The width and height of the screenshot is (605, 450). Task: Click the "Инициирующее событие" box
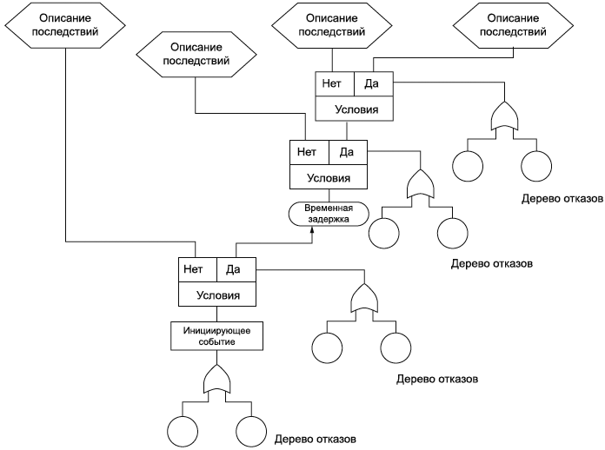coord(216,336)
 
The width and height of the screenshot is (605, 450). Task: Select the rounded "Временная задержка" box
coord(329,214)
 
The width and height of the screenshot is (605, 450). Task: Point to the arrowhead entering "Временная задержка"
coord(312,230)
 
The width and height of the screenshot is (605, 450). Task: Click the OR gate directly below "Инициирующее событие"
coord(216,379)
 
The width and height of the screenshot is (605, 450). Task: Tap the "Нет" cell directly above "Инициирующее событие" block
coord(197,269)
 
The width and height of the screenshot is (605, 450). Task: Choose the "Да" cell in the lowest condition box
coord(236,269)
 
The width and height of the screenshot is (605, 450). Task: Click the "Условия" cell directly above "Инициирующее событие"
coord(217,294)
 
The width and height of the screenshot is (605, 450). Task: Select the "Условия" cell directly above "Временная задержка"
coord(329,177)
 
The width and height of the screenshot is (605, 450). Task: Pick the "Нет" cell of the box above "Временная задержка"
coord(309,152)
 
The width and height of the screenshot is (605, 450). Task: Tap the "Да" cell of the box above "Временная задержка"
coord(348,152)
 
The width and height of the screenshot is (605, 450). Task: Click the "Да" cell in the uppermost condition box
coord(374,83)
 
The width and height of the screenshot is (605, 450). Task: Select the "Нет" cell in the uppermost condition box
coord(335,83)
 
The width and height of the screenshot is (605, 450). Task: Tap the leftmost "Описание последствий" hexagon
coord(65,25)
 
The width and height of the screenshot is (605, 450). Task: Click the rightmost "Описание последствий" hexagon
coord(513,25)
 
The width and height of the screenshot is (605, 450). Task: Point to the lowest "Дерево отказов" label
coord(316,440)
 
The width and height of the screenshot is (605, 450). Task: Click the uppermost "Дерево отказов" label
coord(562,199)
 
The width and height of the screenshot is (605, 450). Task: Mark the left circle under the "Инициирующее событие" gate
coord(183,432)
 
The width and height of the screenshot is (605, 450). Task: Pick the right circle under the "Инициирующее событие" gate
coord(251,432)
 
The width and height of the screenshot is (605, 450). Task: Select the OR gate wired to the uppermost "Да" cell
coord(504,116)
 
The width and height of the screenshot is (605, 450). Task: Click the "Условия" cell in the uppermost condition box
coord(354,109)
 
